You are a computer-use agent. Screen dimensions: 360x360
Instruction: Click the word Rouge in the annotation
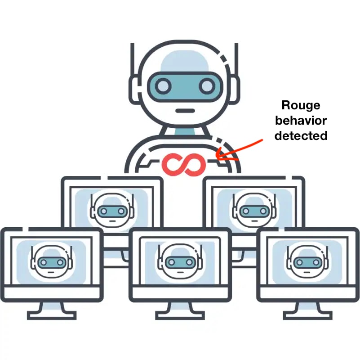click(301, 105)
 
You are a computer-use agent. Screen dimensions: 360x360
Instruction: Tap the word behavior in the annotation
click(301, 120)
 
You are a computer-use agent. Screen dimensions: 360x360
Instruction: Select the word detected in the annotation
click(301, 135)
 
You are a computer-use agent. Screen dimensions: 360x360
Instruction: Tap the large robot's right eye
click(206, 85)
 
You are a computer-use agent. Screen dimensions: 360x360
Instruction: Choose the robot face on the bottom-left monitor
click(50, 261)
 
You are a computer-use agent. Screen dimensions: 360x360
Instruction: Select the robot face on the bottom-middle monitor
click(180, 261)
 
